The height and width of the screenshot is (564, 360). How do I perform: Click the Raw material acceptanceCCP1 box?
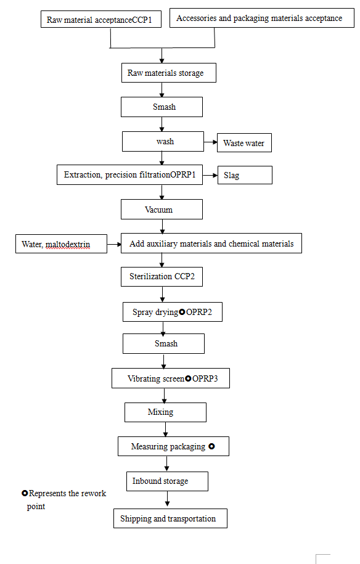point(103,20)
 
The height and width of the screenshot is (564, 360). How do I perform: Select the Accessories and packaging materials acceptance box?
point(259,18)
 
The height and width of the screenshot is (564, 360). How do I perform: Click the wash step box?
point(164,141)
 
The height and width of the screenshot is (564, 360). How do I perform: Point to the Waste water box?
point(243,143)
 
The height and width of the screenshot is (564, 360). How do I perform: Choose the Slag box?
point(244,175)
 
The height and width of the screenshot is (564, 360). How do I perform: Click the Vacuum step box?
point(162,210)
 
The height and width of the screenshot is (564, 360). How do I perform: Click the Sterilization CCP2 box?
point(162,277)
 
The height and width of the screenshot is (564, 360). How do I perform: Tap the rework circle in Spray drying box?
point(182,313)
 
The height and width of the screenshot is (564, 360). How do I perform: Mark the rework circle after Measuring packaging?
point(211,446)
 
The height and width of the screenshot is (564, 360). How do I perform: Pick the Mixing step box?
point(165,412)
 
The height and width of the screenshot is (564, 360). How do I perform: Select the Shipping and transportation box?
point(170,518)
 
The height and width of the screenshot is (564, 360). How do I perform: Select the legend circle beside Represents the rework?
point(25,494)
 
